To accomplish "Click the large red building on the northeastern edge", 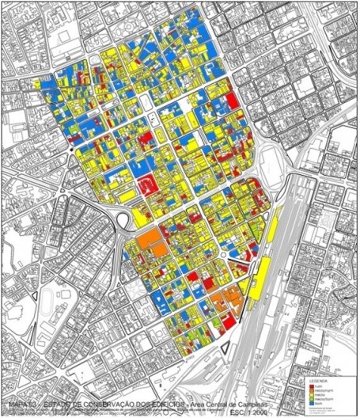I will point(233,101).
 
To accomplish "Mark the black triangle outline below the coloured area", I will point(225,345).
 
